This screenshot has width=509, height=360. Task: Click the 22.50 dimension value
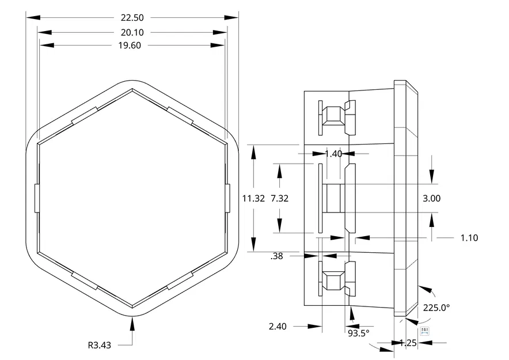click(132, 18)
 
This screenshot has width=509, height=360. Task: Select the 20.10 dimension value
click(132, 33)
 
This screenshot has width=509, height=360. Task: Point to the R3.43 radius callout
click(99, 346)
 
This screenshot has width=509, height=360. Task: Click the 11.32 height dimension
click(253, 198)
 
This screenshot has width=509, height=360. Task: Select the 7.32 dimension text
click(279, 198)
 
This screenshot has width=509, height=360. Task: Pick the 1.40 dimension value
click(333, 154)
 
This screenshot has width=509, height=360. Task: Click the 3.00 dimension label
click(431, 198)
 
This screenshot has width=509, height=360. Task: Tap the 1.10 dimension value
click(469, 238)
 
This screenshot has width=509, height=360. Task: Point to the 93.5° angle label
click(358, 333)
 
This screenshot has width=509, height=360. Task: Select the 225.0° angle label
click(436, 308)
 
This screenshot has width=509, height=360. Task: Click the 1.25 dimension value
click(408, 343)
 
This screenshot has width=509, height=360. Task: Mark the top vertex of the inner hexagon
click(132, 91)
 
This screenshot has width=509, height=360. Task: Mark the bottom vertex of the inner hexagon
click(132, 305)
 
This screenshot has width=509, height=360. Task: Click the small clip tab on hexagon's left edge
click(37, 198)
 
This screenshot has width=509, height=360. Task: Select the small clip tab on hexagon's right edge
click(227, 198)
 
